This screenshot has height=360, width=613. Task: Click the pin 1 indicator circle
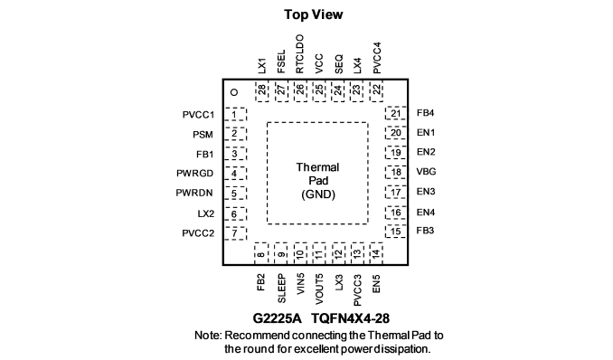(234, 92)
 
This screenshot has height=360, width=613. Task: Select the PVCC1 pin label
(198, 115)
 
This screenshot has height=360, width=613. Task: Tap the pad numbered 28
(262, 92)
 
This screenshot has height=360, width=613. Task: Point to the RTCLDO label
(299, 54)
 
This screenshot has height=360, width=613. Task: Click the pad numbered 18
(396, 172)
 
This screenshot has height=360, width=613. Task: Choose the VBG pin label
(426, 172)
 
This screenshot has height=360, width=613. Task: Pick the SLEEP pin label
(281, 289)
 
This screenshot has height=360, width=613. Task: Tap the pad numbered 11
(319, 253)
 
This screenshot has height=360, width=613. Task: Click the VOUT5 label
(319, 289)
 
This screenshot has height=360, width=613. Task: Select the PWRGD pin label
(194, 174)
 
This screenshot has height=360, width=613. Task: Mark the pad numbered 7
(235, 233)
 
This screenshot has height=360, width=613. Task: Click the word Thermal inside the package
(317, 167)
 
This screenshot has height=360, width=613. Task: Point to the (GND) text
(318, 194)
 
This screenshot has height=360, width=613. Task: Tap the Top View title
(314, 14)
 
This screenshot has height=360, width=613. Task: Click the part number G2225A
(278, 318)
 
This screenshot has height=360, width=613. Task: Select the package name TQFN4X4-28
(350, 318)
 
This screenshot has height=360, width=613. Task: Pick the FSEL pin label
(281, 62)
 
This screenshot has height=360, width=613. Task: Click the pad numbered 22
(376, 92)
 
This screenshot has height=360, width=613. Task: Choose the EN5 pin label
(376, 284)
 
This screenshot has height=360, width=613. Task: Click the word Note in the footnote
(208, 336)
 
